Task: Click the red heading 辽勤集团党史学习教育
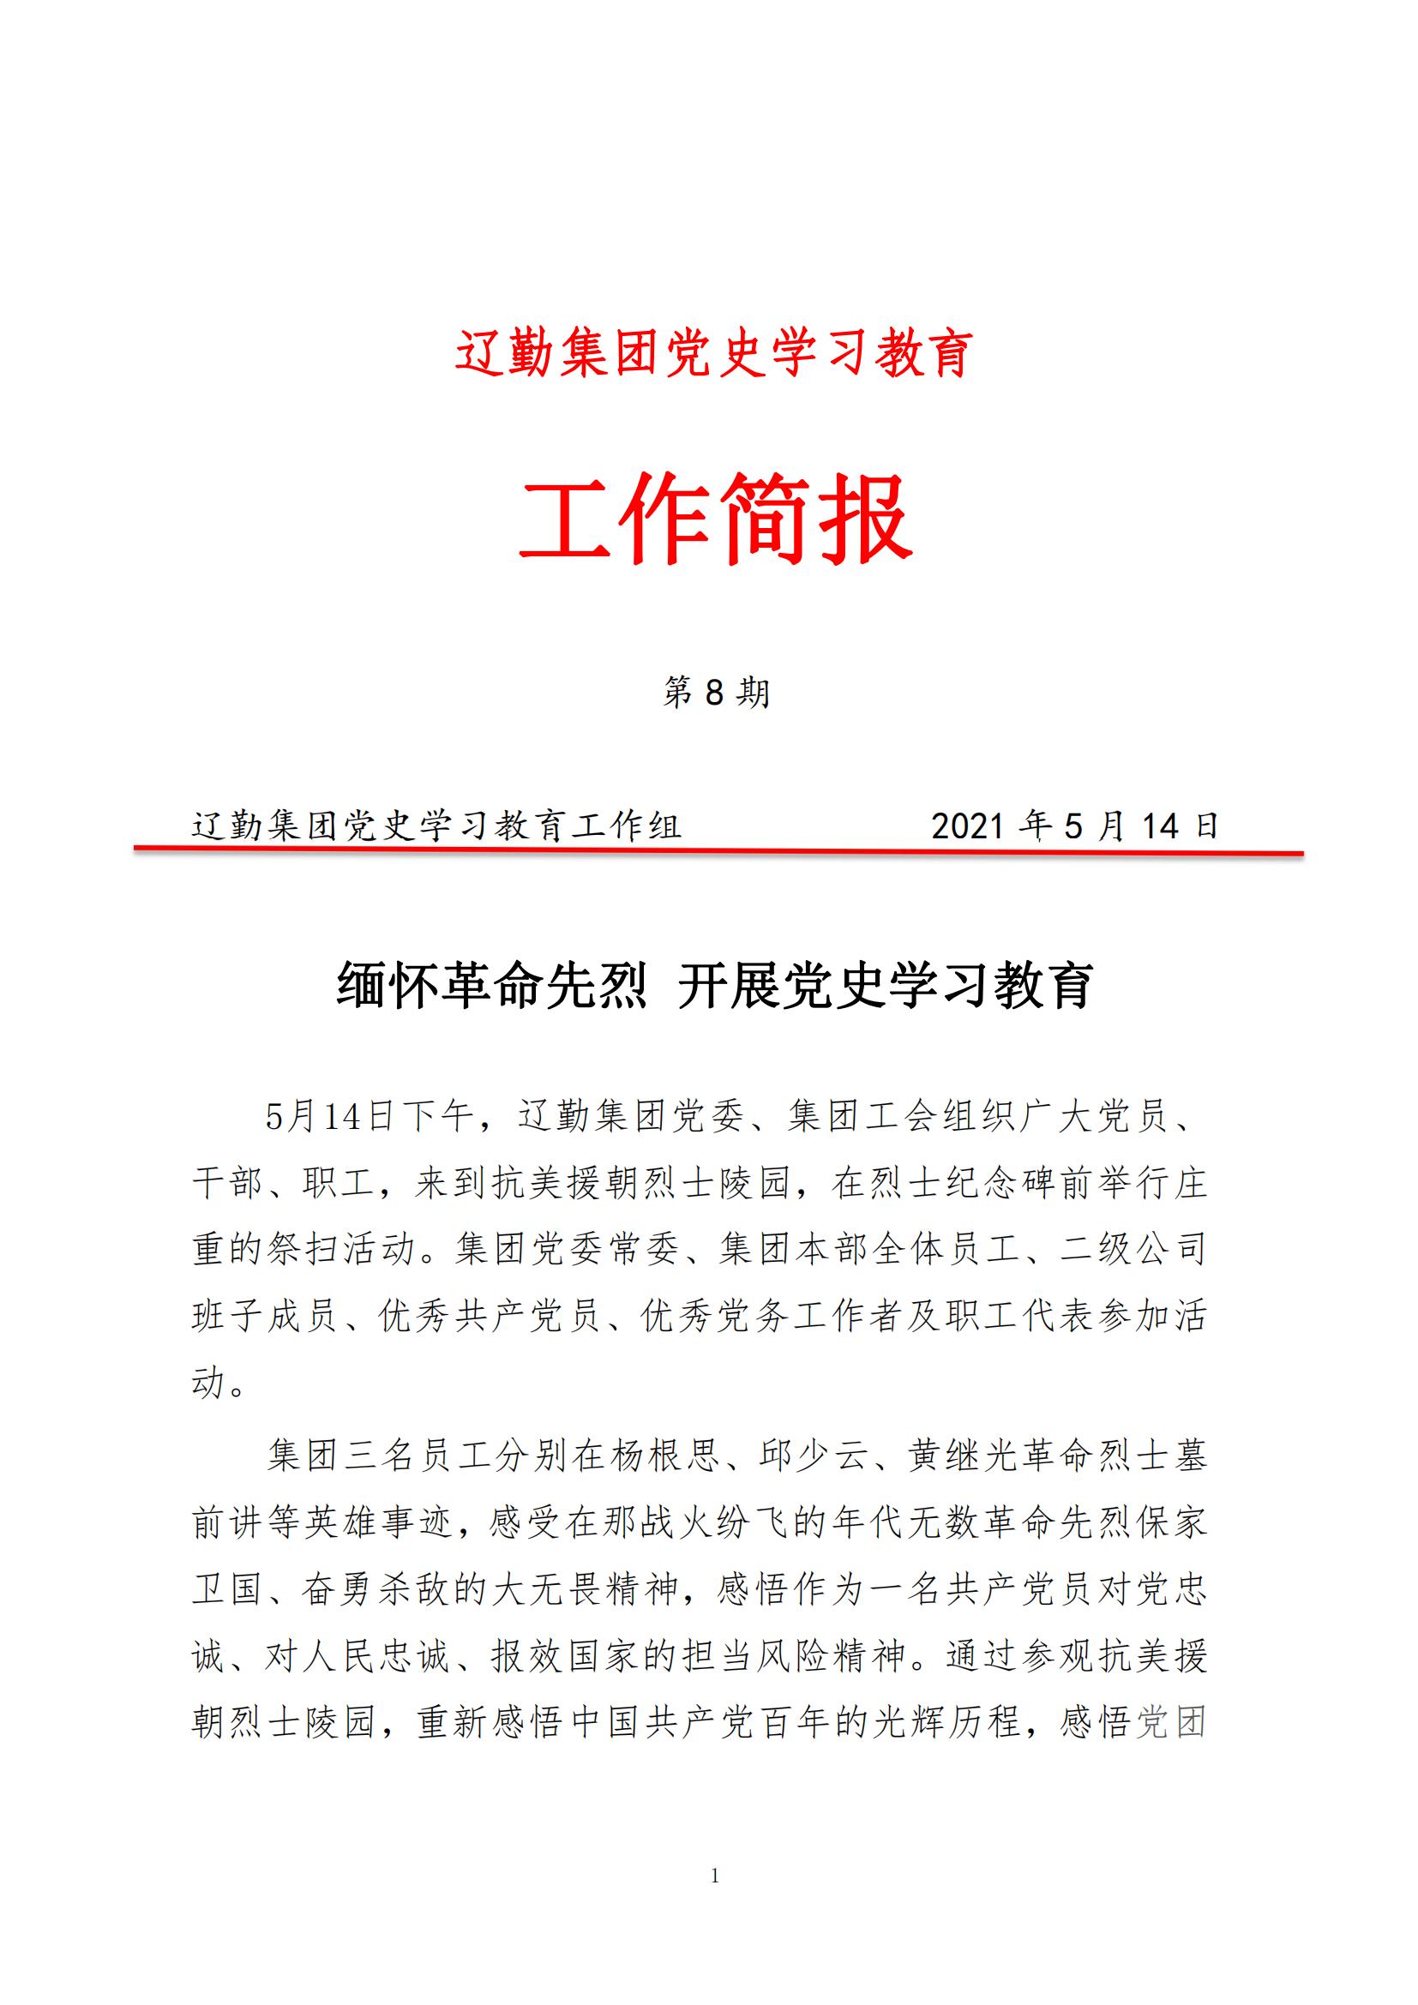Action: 713,354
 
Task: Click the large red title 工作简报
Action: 715,518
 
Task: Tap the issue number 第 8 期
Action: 715,693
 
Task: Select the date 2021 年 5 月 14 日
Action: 1074,825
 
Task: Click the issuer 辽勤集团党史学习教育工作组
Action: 436,825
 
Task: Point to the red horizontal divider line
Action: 716,849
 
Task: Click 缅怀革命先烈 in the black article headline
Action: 491,986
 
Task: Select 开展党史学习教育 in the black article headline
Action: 885,986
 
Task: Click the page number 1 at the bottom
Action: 715,1875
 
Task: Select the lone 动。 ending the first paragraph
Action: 219,1384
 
